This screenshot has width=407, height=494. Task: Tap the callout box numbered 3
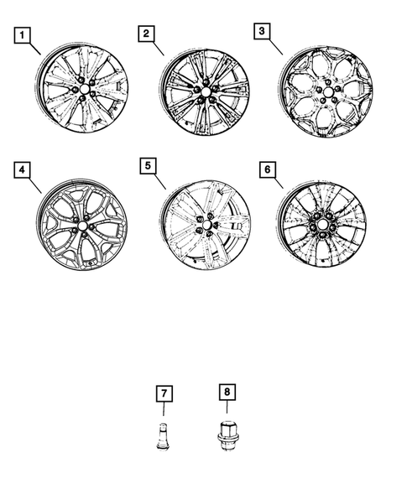point(263,31)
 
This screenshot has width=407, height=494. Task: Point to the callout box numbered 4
point(23,170)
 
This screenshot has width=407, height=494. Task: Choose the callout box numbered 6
point(266,169)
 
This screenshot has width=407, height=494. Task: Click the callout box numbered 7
point(164,391)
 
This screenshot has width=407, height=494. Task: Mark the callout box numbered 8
point(226,391)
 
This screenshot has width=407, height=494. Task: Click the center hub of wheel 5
point(206,226)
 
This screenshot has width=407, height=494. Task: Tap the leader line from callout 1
point(36,48)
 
